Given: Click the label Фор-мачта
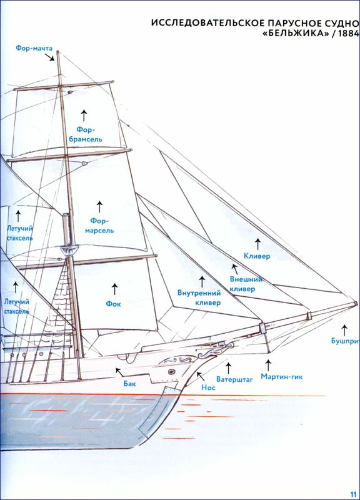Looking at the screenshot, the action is coord(34,49).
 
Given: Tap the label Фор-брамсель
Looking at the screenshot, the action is coord(86,134).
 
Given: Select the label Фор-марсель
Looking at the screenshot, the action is coord(99,226).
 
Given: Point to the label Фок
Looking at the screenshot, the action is coord(113,304).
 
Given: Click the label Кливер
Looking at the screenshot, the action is coord(257,256).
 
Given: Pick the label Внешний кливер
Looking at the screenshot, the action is coord(246,284).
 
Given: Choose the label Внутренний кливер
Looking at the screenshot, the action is coord(199,297).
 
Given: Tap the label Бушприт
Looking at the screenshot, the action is coord(346,341).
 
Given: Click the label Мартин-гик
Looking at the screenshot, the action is coord(281,377).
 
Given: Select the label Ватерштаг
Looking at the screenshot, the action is coord(234,379).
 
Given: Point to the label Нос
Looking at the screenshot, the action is coord(208,387).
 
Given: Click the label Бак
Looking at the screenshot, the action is coord(130,384).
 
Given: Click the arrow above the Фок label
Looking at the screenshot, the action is coord(114,289).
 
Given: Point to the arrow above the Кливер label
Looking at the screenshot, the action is coord(257,244).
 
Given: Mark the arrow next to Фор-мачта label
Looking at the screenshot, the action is coord(49,57).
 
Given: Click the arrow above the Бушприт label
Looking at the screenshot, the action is coord(344,330).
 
